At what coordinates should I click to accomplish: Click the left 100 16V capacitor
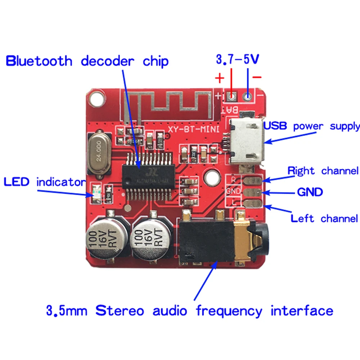coord(107,238)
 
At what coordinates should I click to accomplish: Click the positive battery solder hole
coord(231,96)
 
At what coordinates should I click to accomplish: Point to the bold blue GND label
coord(310,192)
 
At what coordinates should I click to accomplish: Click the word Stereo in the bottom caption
coord(120,310)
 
